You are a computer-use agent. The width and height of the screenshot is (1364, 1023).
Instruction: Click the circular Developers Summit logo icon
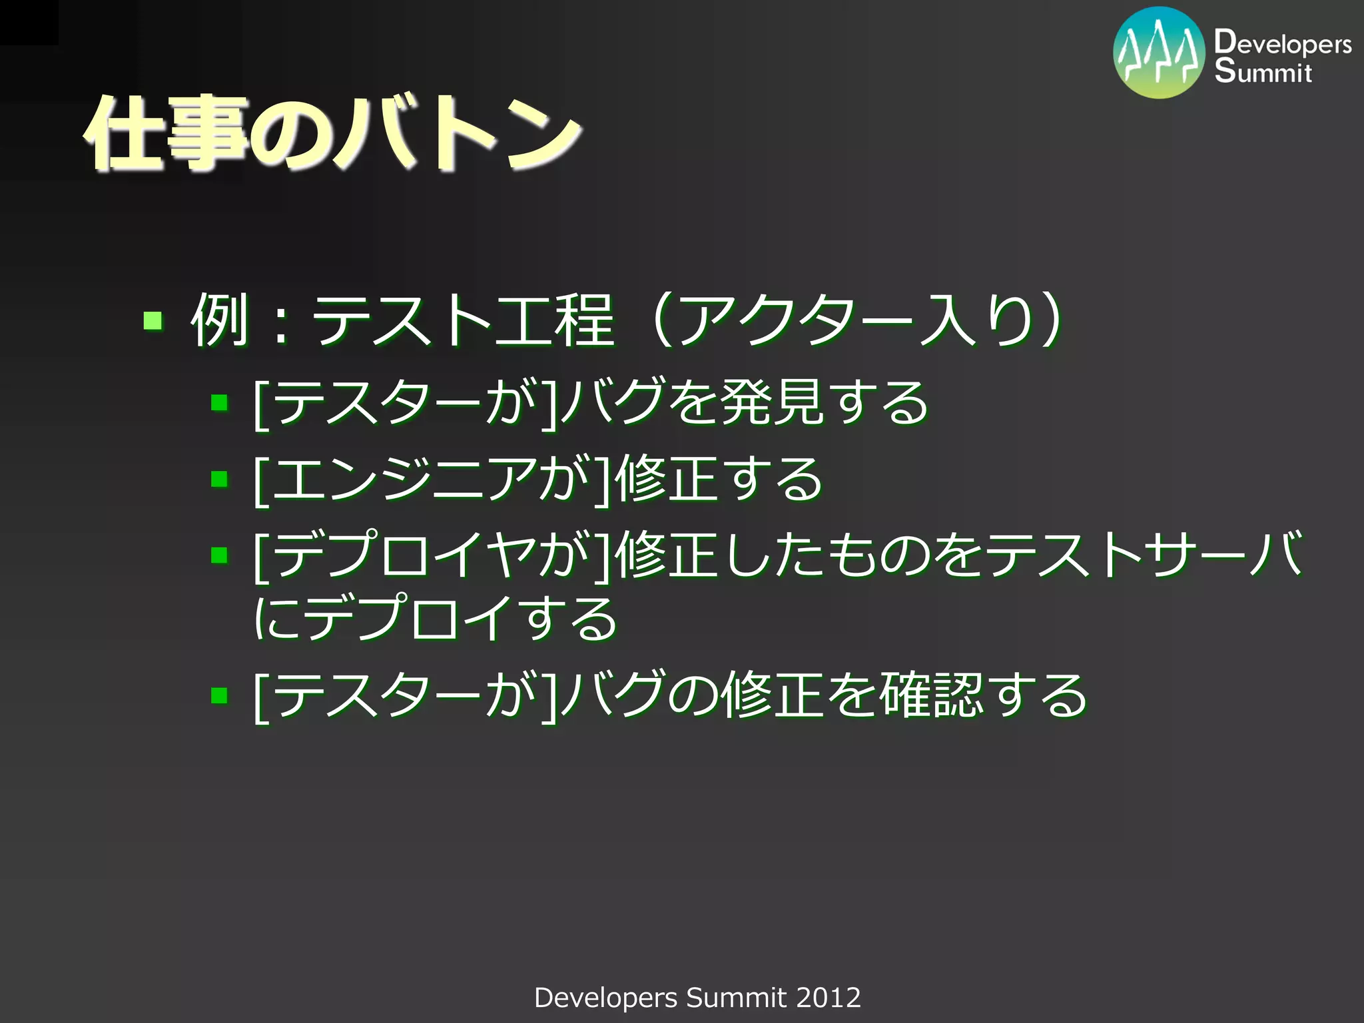[1159, 53]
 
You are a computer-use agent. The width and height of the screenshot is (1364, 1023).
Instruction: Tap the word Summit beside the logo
[1263, 72]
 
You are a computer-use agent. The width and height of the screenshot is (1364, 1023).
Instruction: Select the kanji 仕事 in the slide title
[167, 133]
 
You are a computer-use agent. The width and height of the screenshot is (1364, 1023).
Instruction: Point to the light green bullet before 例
[153, 321]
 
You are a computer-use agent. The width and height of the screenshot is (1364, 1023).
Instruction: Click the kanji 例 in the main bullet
[218, 321]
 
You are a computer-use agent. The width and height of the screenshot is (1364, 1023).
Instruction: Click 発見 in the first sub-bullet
[771, 402]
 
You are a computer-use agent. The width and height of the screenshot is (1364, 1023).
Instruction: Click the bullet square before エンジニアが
[219, 479]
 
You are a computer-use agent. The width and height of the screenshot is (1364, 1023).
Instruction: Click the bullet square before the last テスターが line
[219, 696]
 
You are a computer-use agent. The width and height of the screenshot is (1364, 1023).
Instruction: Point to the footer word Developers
[605, 998]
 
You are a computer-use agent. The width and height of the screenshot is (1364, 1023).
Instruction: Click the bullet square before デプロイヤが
[219, 555]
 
